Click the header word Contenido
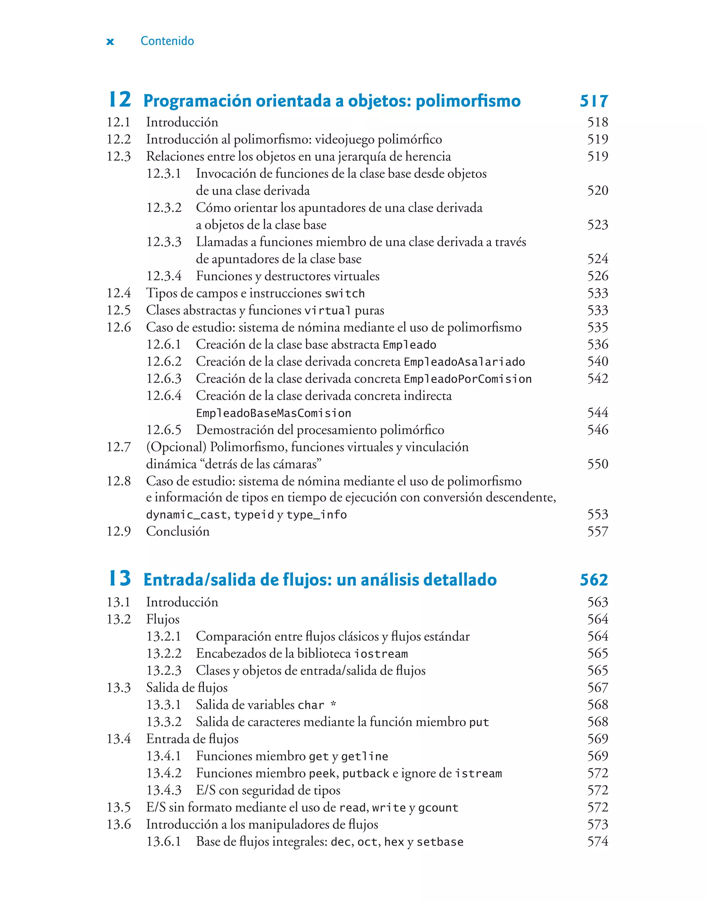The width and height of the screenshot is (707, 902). [x=167, y=41]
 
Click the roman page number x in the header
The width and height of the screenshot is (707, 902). [x=110, y=41]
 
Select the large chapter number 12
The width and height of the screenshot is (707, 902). [x=120, y=100]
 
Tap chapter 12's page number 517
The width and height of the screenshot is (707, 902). [x=593, y=101]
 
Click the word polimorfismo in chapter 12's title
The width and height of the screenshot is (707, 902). [x=468, y=101]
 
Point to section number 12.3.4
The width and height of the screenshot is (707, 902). [x=164, y=276]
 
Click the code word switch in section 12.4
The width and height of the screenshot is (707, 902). [x=345, y=294]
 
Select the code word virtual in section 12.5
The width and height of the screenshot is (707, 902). [x=327, y=310]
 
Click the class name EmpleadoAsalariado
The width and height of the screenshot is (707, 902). [x=464, y=362]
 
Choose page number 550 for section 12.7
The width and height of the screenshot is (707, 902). [x=597, y=464]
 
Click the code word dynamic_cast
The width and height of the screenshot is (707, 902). [x=186, y=515]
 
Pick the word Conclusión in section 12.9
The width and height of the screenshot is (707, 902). [x=177, y=531]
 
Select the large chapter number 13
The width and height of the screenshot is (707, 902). [x=120, y=578]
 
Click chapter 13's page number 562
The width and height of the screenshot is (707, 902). [x=593, y=580]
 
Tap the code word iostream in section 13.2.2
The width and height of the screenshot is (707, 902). [x=381, y=654]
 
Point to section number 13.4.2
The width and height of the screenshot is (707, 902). [x=164, y=773]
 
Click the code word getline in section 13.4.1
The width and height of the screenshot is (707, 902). [x=365, y=757]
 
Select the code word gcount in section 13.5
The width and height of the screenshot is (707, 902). [x=438, y=808]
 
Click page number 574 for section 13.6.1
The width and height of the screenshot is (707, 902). [x=597, y=842]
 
